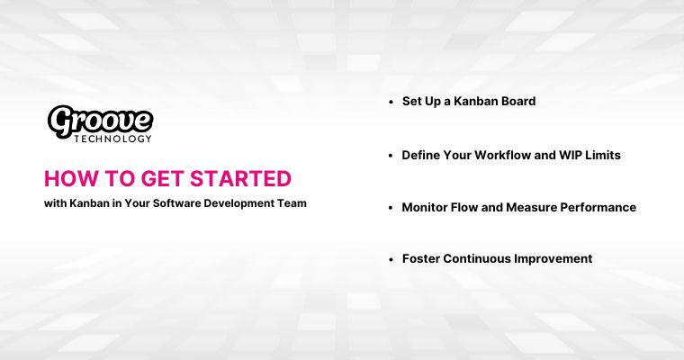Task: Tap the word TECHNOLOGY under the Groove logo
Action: tap(113, 139)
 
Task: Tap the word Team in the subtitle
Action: tap(292, 203)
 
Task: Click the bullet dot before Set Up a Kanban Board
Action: tap(391, 103)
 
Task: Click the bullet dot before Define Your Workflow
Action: tap(391, 156)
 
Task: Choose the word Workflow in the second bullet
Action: tap(504, 155)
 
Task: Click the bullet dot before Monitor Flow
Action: tap(391, 208)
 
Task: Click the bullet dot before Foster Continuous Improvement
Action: tap(391, 259)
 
